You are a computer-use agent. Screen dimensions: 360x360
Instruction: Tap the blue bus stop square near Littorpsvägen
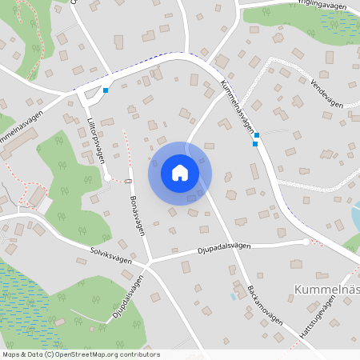(x=106, y=90)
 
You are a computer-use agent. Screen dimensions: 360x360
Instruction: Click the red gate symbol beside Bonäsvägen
(x=128, y=182)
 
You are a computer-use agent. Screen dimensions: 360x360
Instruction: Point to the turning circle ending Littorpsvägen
(x=106, y=178)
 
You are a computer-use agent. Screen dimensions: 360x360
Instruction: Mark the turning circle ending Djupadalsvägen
(x=306, y=241)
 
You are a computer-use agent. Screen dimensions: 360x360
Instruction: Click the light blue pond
(x=355, y=215)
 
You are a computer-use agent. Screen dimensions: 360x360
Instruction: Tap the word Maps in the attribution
(x=11, y=354)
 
